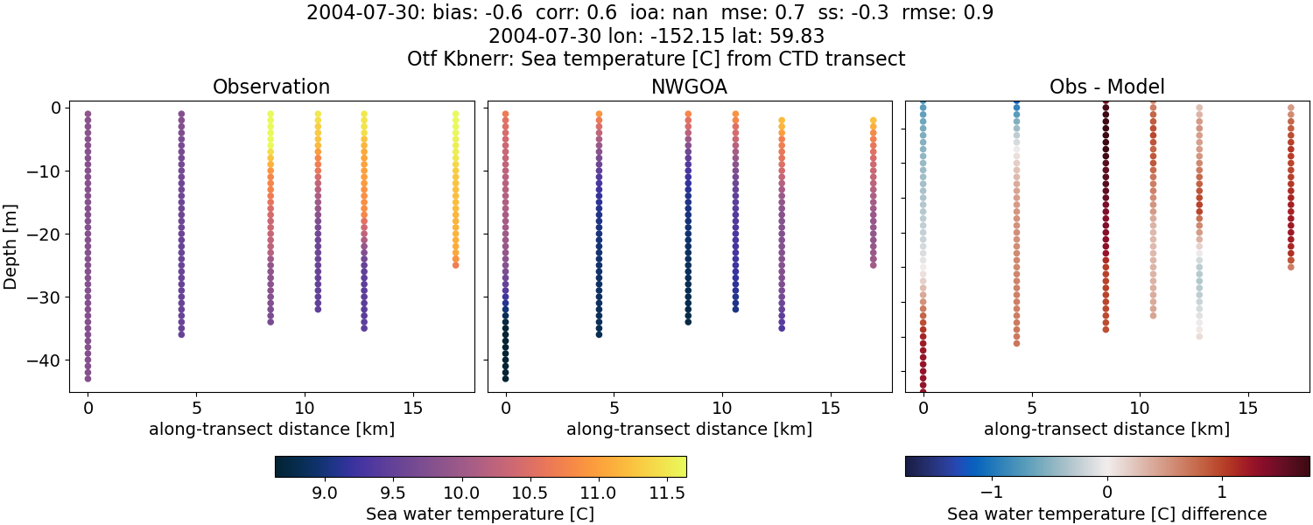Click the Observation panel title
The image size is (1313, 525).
(x=271, y=87)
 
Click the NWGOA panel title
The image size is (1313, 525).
(x=689, y=87)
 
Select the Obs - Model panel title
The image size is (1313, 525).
(x=1106, y=87)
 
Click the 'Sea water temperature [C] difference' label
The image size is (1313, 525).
(x=1106, y=514)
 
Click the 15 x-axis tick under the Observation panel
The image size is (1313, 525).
(x=413, y=407)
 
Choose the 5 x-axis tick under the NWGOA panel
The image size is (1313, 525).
(x=614, y=407)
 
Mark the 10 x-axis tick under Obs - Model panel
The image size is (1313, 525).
(x=1140, y=407)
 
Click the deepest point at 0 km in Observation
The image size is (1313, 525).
(x=88, y=379)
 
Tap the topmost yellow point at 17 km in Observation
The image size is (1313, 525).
(x=455, y=114)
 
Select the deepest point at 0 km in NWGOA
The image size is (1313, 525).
(x=505, y=379)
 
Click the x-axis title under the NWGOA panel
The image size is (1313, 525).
(x=689, y=429)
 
